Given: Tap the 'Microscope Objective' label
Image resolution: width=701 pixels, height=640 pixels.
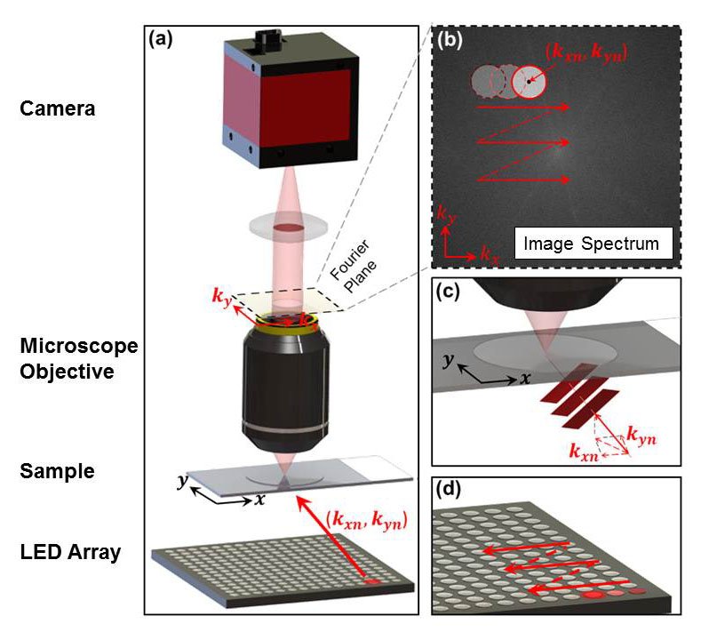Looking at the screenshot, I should [68, 358].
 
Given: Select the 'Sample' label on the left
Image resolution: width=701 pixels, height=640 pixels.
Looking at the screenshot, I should [56, 470].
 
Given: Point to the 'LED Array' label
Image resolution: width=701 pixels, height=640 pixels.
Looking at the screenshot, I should [70, 553].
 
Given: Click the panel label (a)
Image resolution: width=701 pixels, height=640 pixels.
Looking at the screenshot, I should [162, 39].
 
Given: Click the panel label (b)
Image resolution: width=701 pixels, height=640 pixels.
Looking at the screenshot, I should [450, 39].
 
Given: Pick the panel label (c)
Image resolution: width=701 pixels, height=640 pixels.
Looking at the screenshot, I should [448, 294].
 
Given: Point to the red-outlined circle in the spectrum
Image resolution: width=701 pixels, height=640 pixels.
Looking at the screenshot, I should [530, 82].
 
